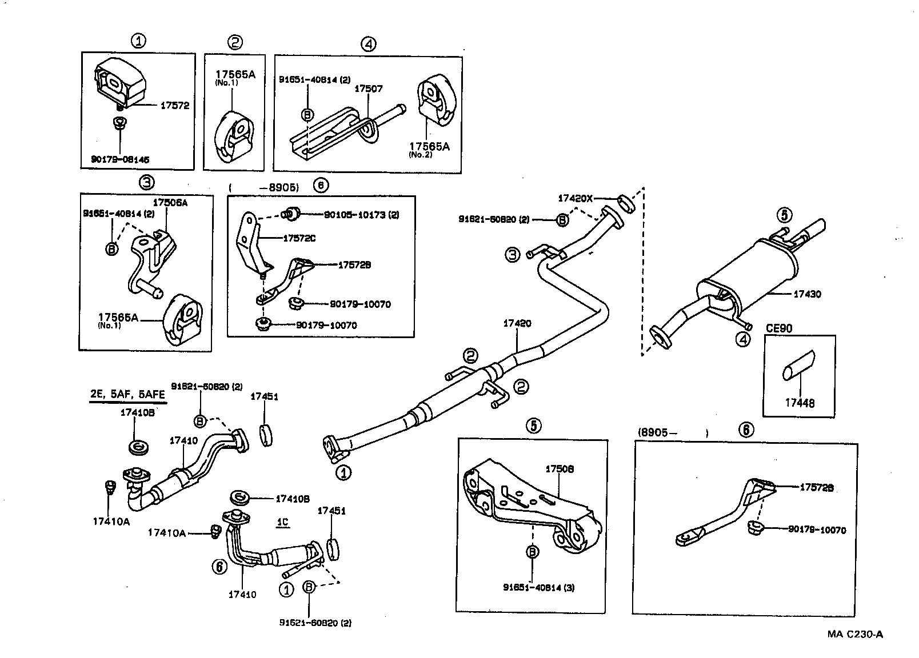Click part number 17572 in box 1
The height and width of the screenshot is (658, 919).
click(174, 106)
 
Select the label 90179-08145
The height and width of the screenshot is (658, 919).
click(120, 160)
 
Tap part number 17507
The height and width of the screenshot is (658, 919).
click(369, 89)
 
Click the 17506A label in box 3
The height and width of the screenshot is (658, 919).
click(170, 203)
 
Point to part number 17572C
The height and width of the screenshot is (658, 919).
click(299, 238)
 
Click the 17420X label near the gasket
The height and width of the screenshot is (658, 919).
click(576, 199)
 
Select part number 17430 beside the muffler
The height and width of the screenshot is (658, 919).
click(807, 294)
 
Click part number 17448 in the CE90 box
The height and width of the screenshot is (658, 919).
click(800, 403)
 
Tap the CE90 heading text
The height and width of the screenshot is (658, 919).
click(778, 328)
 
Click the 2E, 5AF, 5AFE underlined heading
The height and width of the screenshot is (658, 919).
click(127, 395)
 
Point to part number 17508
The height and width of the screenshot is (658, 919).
click(560, 469)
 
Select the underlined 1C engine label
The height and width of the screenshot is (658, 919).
click(282, 523)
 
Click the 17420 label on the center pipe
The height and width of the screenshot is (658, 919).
click(517, 323)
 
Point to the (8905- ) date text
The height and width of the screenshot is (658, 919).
click(672, 432)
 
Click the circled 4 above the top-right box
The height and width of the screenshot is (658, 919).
click(369, 43)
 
